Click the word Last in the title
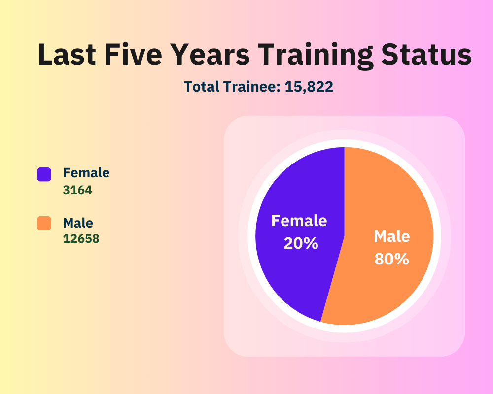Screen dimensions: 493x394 [67, 54]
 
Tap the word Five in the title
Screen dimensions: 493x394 [133, 54]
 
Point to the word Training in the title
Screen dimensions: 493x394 [316, 56]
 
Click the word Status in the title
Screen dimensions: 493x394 [426, 54]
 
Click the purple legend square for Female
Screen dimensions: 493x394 [44, 174]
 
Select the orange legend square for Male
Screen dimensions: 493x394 [44, 223]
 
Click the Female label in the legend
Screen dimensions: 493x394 [86, 173]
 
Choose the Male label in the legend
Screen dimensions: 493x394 [78, 223]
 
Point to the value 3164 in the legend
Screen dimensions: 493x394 [77, 190]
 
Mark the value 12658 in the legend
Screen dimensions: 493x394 [81, 239]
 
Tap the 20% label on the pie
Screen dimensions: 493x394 [301, 243]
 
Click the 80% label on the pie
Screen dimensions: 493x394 [392, 259]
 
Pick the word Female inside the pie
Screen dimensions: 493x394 [299, 221]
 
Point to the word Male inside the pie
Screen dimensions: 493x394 [392, 236]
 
